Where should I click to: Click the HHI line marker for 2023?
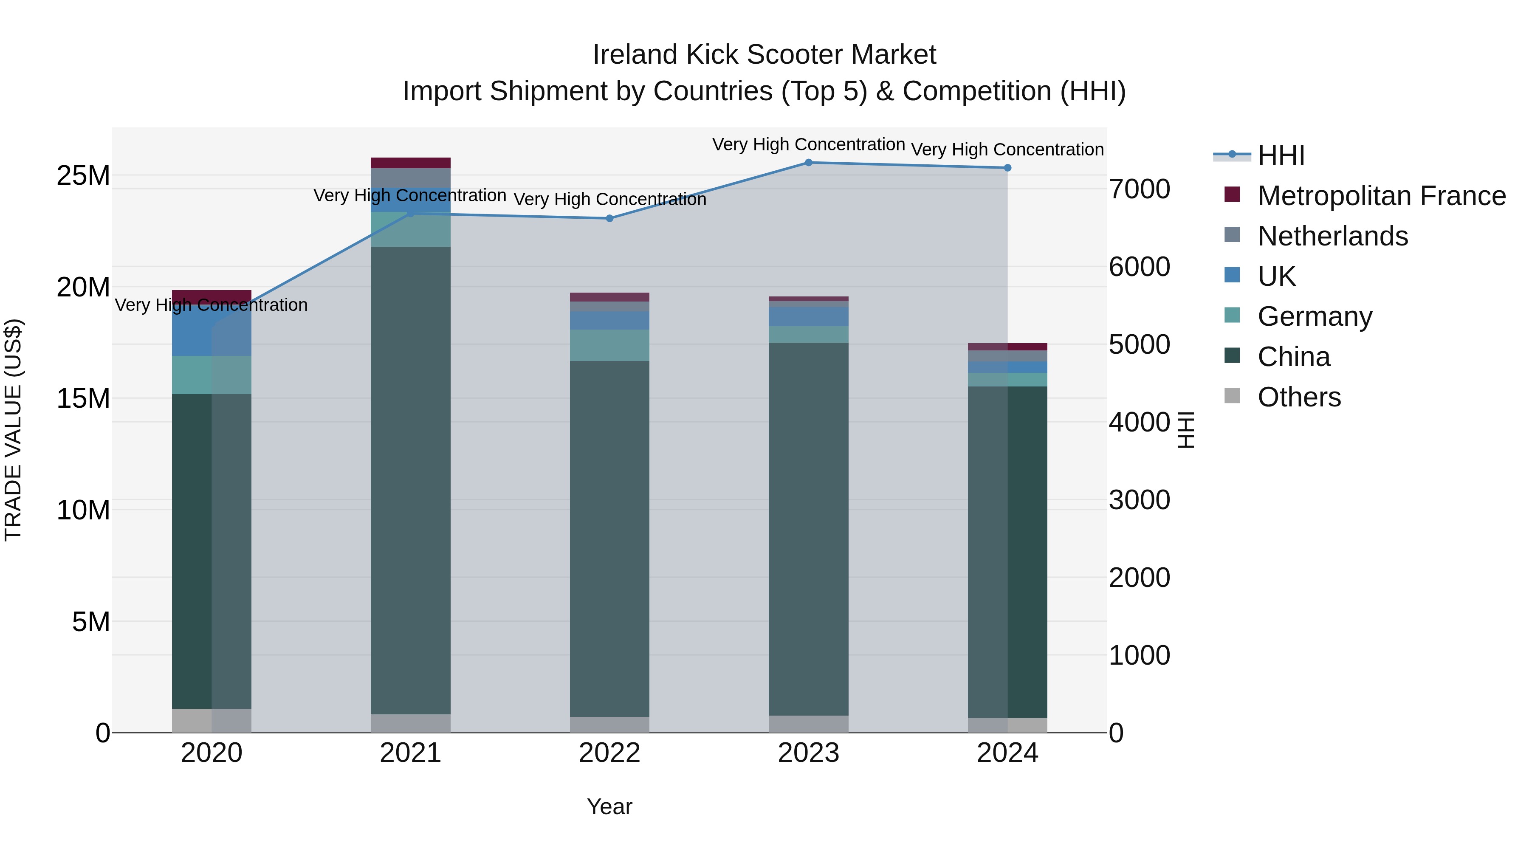point(808,162)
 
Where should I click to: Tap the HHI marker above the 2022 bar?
point(609,218)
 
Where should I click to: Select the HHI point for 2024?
point(1007,168)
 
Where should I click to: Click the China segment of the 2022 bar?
point(609,534)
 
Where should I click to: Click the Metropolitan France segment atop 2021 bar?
point(411,163)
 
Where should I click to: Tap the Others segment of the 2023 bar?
point(808,724)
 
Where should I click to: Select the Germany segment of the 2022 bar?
point(609,345)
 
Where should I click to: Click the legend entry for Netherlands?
point(1332,236)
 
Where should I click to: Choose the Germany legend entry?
point(1315,316)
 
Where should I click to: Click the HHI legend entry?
point(1281,155)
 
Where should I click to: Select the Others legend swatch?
point(1232,396)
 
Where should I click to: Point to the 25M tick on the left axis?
point(83,176)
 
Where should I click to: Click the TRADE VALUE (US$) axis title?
point(13,430)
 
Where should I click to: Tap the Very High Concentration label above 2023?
point(808,144)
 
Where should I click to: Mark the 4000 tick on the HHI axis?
point(1140,422)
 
